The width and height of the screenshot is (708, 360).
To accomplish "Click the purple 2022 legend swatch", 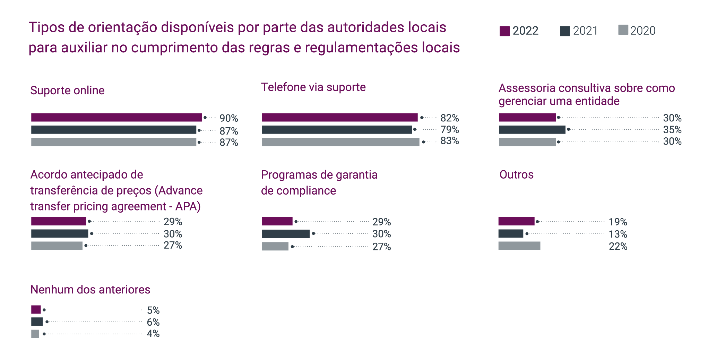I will point(504,31).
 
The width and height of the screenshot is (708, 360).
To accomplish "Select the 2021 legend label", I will point(585,31).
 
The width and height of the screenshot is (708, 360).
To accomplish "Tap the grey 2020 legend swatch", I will point(623,30).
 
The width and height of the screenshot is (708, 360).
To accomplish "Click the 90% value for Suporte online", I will point(228,118).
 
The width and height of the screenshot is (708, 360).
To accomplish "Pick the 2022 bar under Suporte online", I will point(116,117).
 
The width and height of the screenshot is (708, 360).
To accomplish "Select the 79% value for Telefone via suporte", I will point(449,130).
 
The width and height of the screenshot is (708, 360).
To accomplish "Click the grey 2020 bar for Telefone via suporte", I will point(340,142).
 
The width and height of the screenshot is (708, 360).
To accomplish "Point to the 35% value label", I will point(672,130).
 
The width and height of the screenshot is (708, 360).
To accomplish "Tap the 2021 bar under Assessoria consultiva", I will point(532,130).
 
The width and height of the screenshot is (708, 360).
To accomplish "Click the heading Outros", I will point(516,174).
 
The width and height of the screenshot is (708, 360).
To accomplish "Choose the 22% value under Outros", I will point(618,246).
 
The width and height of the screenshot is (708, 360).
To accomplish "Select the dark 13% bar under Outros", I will point(511,234).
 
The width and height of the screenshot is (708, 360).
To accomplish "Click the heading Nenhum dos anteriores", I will point(90,290).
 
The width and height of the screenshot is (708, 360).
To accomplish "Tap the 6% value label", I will point(153,322).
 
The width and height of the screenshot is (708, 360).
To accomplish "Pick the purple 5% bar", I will point(36,309).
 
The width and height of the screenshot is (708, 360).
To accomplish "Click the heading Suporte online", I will point(67,91).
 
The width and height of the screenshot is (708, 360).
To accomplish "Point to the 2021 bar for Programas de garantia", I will point(286,234).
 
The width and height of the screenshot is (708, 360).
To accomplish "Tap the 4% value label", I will point(153,334).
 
